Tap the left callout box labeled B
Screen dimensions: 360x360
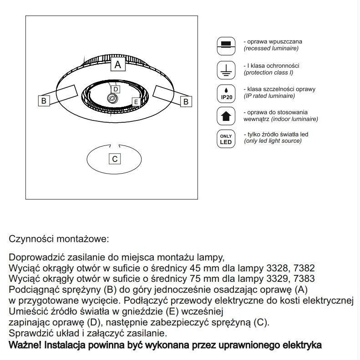pos(44,101)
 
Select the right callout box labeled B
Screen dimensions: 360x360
pos(186,102)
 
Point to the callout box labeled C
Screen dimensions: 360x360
pos(115,159)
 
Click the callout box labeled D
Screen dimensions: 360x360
pos(116,90)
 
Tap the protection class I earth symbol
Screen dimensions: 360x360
pos(226,69)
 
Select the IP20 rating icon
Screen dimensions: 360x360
pos(226,93)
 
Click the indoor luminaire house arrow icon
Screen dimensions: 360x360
pos(226,116)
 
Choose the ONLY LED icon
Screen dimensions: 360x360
pos(226,139)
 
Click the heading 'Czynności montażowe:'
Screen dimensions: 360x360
pos(59,238)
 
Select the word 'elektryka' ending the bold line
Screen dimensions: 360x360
pos(303,345)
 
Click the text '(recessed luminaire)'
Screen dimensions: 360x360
pos(271,48)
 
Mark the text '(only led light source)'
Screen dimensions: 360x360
pos(273,141)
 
